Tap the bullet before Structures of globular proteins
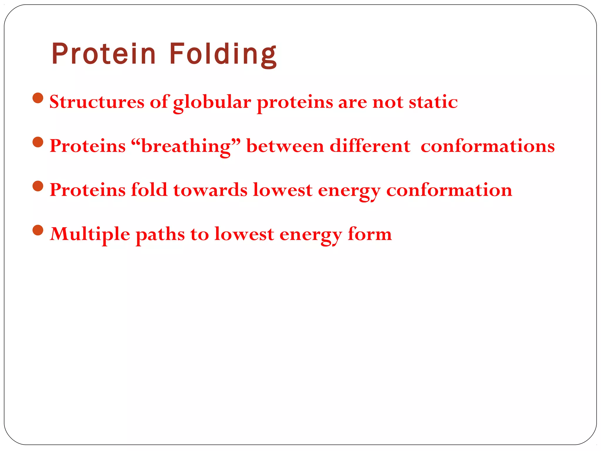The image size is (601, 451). (38, 98)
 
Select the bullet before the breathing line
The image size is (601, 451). (38, 142)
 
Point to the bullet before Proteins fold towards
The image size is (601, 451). (38, 186)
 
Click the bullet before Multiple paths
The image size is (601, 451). (38, 230)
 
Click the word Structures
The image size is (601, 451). (97, 102)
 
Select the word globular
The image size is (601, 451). (212, 102)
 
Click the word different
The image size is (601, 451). (370, 146)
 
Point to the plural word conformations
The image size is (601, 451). (487, 146)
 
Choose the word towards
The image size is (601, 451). (210, 190)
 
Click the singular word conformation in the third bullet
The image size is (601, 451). (449, 190)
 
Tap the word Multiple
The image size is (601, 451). (90, 234)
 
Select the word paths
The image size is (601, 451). (160, 234)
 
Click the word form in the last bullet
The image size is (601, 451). (369, 234)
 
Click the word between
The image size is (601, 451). (285, 146)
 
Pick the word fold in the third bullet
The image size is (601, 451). (149, 190)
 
